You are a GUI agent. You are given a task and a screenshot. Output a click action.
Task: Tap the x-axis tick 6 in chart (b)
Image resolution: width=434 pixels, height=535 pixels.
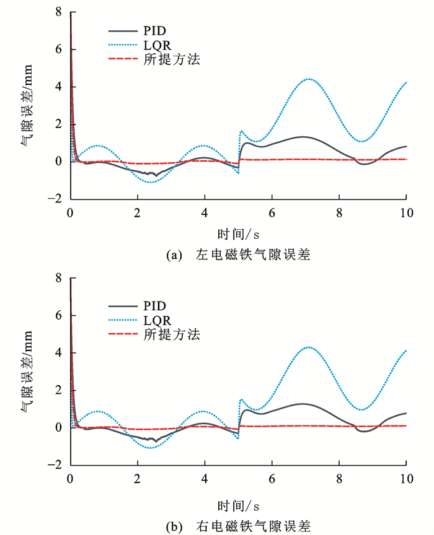click(272, 479)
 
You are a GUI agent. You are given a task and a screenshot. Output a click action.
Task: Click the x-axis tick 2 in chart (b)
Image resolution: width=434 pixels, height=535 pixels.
click(137, 479)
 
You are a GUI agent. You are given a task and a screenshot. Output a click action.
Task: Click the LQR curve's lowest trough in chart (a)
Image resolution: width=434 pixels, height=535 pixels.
click(151, 182)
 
